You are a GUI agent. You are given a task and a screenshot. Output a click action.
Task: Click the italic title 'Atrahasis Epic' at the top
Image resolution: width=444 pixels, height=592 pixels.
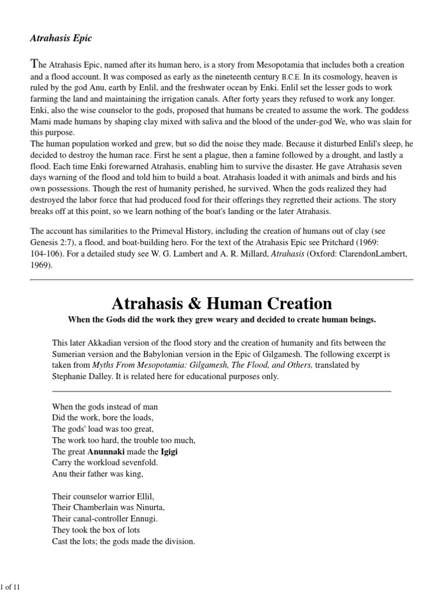pos(61,38)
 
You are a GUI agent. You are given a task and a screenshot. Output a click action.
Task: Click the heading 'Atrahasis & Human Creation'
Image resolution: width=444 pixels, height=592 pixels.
pos(221,303)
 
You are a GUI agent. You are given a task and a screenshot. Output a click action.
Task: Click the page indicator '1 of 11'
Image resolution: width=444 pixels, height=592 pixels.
pos(12,587)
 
